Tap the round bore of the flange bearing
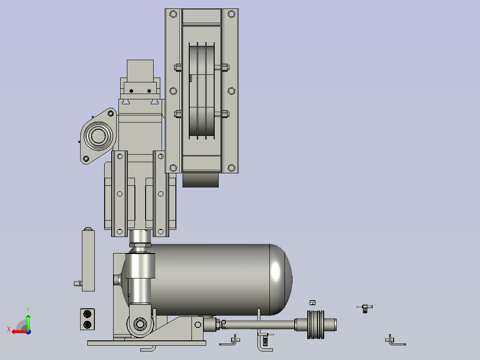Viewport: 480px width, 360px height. coord(98,136)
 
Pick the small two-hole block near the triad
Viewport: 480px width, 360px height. coord(87,319)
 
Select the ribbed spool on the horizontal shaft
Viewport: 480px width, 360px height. coord(316,325)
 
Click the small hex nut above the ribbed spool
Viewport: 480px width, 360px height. coord(313,303)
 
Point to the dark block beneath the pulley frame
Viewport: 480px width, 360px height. coord(200,180)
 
